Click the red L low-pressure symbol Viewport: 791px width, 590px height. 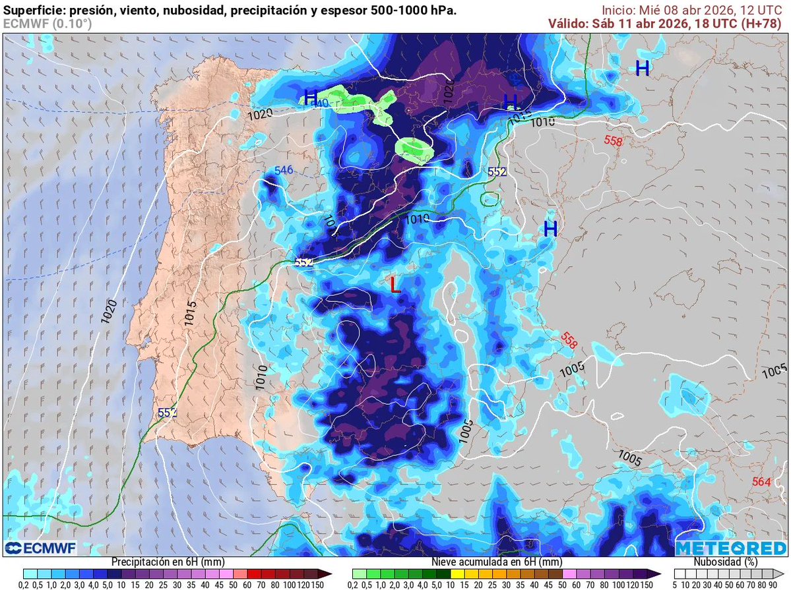395,285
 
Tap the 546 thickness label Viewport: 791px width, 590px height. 283,171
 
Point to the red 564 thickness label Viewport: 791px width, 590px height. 761,482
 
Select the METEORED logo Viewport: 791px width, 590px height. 731,548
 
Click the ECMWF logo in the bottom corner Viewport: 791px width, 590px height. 41,548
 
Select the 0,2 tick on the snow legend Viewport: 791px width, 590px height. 353,584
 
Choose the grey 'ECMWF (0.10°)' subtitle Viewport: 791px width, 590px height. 47,24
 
